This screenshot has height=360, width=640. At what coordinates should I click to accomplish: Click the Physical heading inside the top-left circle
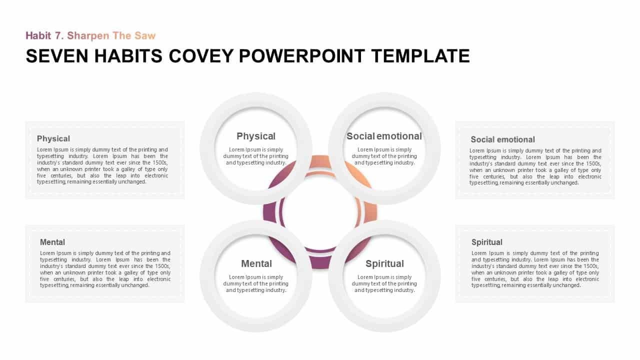pos(256,136)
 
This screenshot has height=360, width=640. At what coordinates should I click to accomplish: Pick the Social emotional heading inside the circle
pos(384,136)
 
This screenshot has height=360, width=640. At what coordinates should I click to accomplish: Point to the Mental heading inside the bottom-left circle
pos(256,263)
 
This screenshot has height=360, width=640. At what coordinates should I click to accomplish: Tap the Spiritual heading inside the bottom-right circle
pos(384,263)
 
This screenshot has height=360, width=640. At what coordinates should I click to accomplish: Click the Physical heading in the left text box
pos(53,139)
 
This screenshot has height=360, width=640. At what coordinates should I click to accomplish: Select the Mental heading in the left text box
pos(52,242)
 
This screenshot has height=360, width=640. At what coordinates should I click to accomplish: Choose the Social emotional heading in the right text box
pos(502,139)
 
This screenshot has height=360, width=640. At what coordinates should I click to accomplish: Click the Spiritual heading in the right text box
pos(487,242)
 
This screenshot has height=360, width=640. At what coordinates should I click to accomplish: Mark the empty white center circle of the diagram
pos(320,212)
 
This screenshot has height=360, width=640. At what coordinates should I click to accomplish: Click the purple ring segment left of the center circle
pos(269,212)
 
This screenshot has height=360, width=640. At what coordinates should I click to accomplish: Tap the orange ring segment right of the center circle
pos(371,212)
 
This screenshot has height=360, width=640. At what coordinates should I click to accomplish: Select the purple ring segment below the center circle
pos(320,262)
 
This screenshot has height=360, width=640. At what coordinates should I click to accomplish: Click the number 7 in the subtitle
pos(58,35)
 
